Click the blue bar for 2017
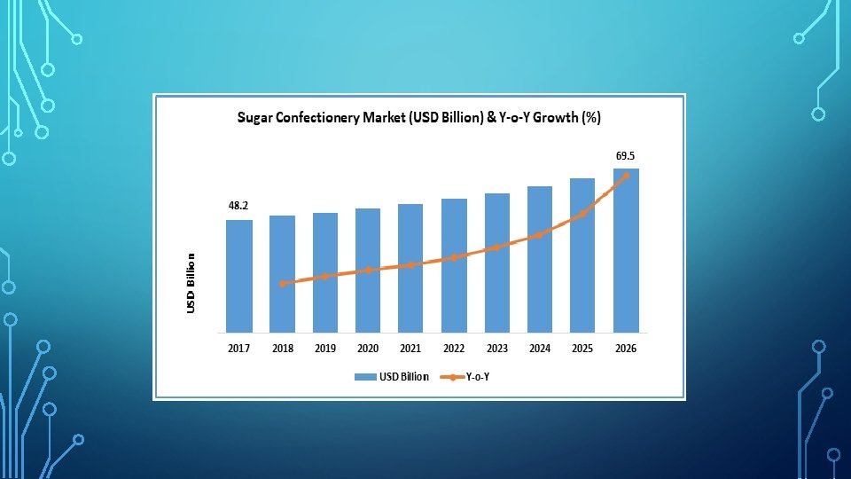(239, 276)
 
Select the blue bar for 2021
(410, 268)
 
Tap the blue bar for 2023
(497, 263)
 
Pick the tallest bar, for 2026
(627, 250)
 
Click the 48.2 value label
(238, 205)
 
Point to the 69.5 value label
(625, 156)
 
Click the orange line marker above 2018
(282, 284)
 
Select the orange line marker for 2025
(583, 214)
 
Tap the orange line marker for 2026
(627, 176)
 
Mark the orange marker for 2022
(454, 257)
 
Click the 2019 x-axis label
(325, 348)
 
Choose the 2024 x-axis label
(540, 348)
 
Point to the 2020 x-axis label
(368, 348)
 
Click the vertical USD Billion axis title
(191, 283)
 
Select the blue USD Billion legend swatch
(365, 377)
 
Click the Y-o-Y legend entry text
(478, 377)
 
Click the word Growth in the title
(555, 117)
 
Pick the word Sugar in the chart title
(254, 118)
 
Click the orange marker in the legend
(451, 377)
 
